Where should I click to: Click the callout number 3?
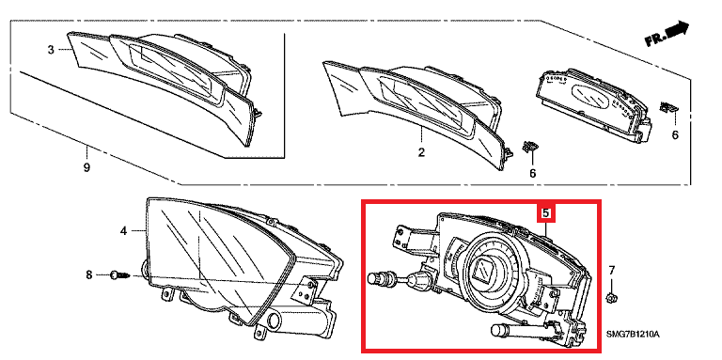(51, 50)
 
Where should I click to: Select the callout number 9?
(86, 168)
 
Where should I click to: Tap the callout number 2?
(421, 152)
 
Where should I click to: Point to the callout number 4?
(123, 230)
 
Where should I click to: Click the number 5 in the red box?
(546, 213)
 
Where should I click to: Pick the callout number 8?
(89, 275)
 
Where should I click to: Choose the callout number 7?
(612, 270)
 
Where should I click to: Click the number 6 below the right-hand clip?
(675, 135)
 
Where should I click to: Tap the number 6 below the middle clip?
(533, 173)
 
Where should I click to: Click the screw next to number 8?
(120, 275)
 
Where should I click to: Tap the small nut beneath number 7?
(612, 298)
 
